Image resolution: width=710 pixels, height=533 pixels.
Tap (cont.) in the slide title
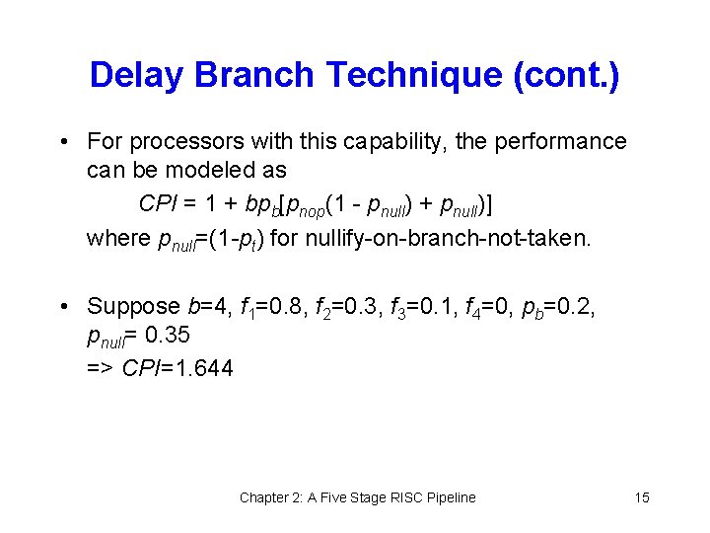pos(566,75)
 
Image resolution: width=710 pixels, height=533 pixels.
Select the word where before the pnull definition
pos(114,238)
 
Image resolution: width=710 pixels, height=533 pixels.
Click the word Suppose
pos(131,307)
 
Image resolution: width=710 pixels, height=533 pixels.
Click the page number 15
pos(642,497)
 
